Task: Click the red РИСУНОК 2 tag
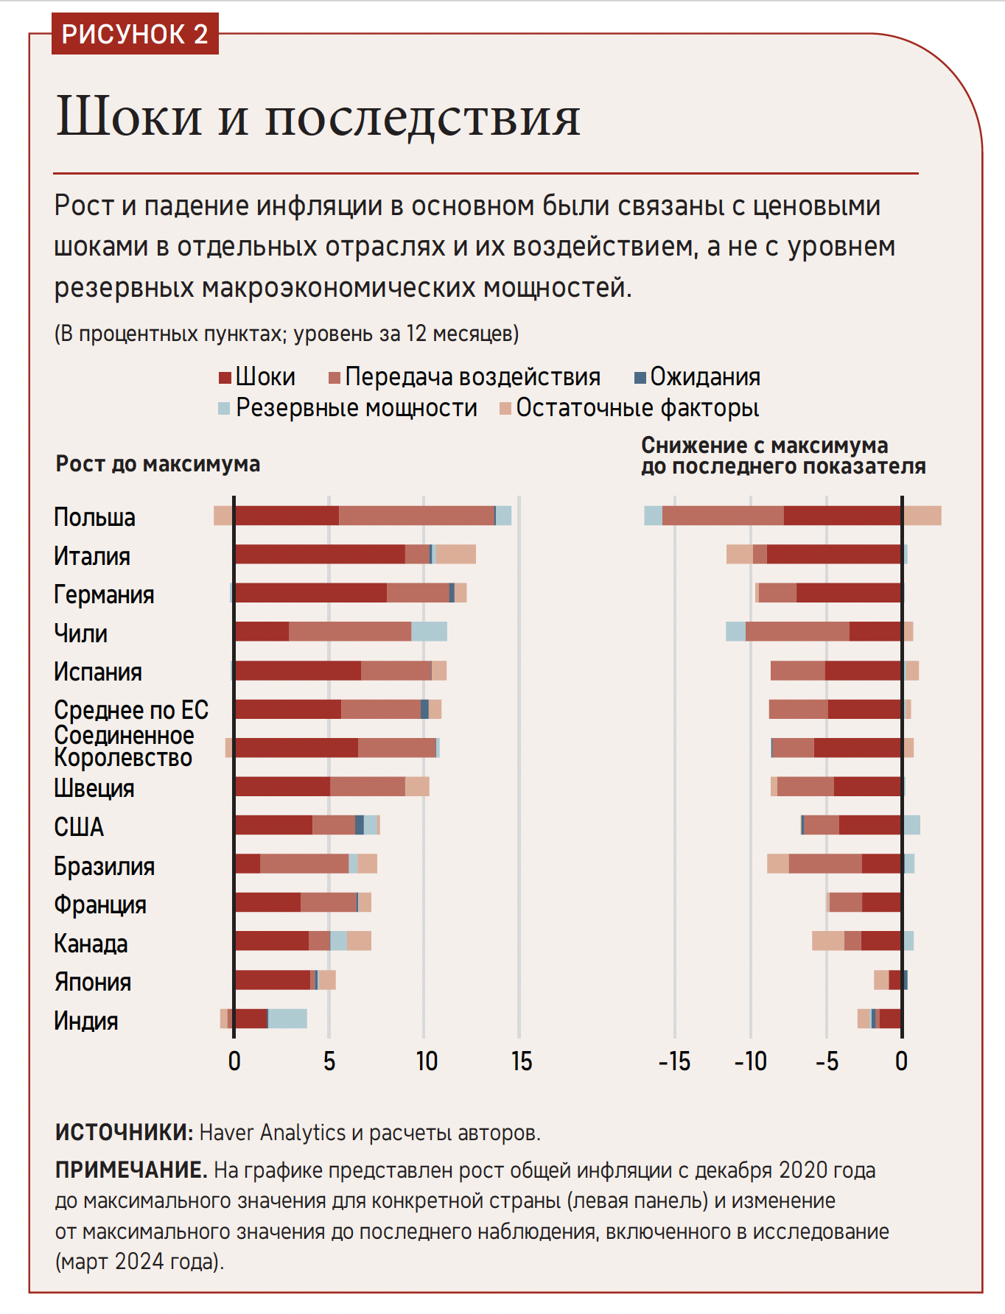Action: click(x=135, y=34)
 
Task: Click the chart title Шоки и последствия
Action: click(x=318, y=116)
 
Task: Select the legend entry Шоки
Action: click(x=258, y=377)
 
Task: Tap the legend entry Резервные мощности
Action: click(x=348, y=408)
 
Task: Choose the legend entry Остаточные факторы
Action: click(x=629, y=408)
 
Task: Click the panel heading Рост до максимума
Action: click(x=158, y=464)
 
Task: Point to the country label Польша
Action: click(x=94, y=517)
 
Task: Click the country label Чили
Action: click(x=80, y=633)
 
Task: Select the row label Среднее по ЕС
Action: click(x=131, y=710)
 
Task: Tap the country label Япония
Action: click(x=92, y=982)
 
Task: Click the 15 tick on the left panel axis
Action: click(x=521, y=1061)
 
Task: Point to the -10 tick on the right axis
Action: click(x=750, y=1061)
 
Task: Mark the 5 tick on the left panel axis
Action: click(x=329, y=1061)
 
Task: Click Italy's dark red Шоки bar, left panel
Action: click(x=320, y=554)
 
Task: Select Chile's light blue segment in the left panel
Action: click(x=429, y=631)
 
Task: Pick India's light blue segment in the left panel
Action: click(x=287, y=1019)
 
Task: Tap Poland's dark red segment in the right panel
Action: click(x=842, y=516)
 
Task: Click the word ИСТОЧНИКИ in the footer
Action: click(x=123, y=1132)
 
